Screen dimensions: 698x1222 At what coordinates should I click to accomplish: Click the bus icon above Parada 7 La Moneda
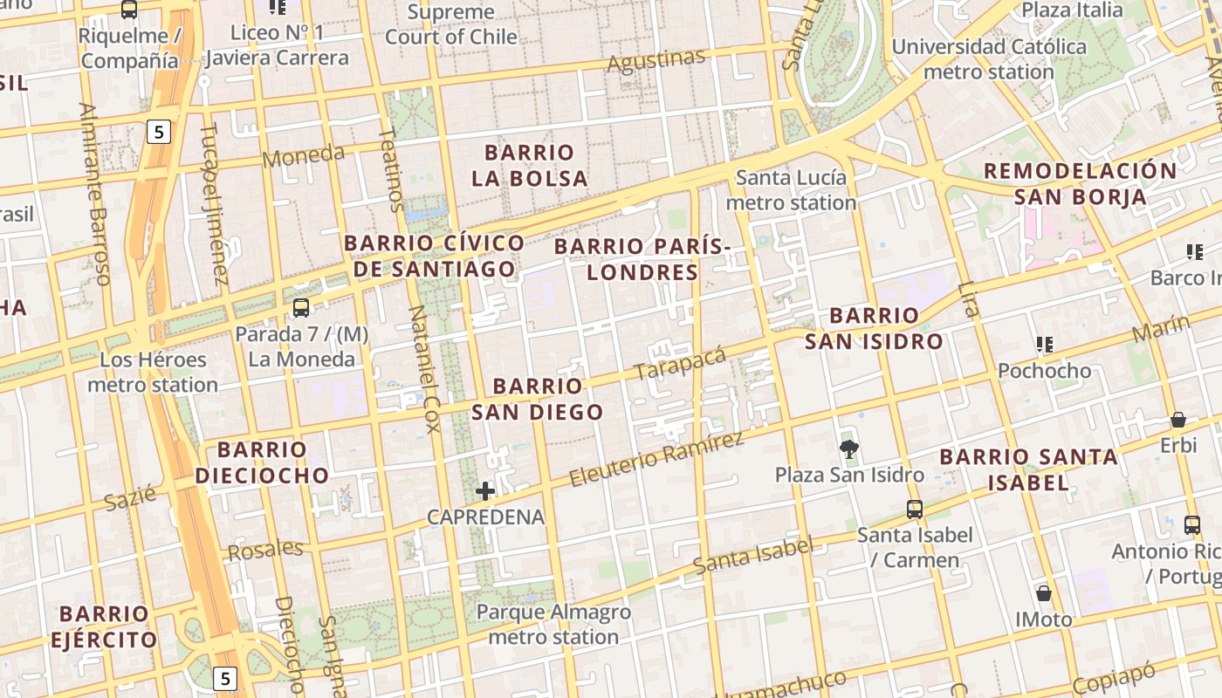[x=301, y=307]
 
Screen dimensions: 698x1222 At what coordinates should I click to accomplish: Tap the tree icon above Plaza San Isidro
[x=848, y=449]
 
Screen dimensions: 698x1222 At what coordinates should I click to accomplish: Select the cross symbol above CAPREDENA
[x=485, y=490]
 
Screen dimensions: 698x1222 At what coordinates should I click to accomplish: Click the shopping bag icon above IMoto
[x=1043, y=594]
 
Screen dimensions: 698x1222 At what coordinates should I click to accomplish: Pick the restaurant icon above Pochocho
[x=1044, y=345]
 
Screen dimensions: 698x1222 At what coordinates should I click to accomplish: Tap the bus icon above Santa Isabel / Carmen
[x=914, y=509]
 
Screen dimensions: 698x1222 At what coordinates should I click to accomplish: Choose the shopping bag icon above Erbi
[x=1177, y=420]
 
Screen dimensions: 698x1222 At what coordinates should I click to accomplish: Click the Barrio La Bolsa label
[x=530, y=166]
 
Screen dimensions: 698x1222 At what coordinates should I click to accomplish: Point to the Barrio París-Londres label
[x=642, y=259]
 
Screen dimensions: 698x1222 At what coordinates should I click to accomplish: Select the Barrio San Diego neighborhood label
[x=538, y=399]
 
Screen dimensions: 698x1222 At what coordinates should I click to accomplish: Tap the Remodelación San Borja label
[x=1081, y=183]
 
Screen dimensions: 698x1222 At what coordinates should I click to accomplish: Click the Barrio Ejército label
[x=104, y=626]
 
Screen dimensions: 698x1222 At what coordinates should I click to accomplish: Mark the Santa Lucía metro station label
[x=791, y=190]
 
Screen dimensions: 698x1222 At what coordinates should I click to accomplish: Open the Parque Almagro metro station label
[x=553, y=625]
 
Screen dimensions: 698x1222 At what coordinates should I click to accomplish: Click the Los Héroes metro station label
[x=153, y=372]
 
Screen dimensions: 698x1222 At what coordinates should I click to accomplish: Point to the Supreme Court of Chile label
[x=451, y=24]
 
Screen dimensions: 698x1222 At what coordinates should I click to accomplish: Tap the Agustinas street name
[x=656, y=61]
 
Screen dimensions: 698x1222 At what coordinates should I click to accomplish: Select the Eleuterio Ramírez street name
[x=656, y=459]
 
